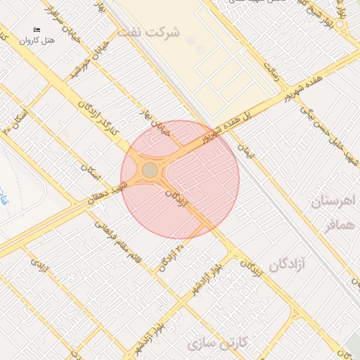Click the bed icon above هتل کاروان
[x=37, y=29]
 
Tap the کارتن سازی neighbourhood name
[x=219, y=343]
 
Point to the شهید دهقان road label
[x=106, y=193]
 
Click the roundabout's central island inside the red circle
[x=150, y=170]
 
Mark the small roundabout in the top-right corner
[x=340, y=25]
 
